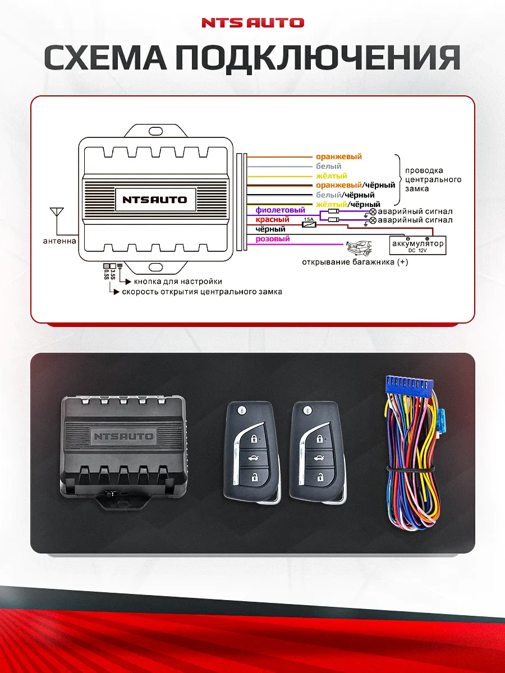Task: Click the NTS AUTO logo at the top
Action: tap(252, 23)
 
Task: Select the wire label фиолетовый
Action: tap(280, 210)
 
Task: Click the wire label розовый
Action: tap(273, 239)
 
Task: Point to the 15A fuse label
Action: tap(308, 219)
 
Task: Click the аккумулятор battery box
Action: tap(418, 245)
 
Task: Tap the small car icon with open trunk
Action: tap(359, 247)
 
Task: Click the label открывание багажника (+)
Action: tap(355, 262)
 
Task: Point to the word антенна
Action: tap(59, 241)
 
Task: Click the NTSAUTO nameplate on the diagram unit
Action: tap(155, 200)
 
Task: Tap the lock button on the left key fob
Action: tap(254, 439)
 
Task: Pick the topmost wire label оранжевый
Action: tap(338, 157)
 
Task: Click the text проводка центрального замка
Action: tap(432, 179)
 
